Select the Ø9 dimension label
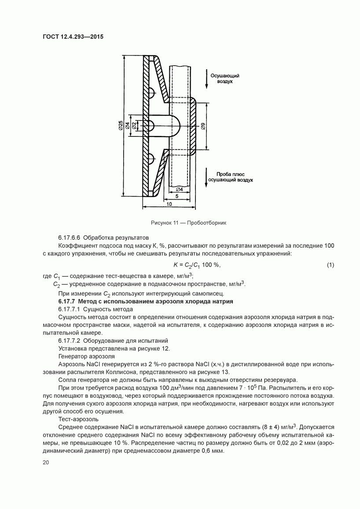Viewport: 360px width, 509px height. (202, 126)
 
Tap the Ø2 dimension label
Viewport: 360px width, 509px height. (134, 126)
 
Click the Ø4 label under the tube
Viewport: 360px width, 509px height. (179, 189)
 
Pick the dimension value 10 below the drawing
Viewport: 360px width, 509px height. (169, 204)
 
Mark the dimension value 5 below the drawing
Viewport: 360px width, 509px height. (176, 197)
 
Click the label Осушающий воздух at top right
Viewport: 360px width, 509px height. (224, 79)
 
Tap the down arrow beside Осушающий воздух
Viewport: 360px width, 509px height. (206, 78)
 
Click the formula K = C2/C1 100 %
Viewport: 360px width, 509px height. (196, 265)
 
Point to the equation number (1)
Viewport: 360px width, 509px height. (331, 265)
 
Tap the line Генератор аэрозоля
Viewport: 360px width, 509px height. (86, 356)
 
